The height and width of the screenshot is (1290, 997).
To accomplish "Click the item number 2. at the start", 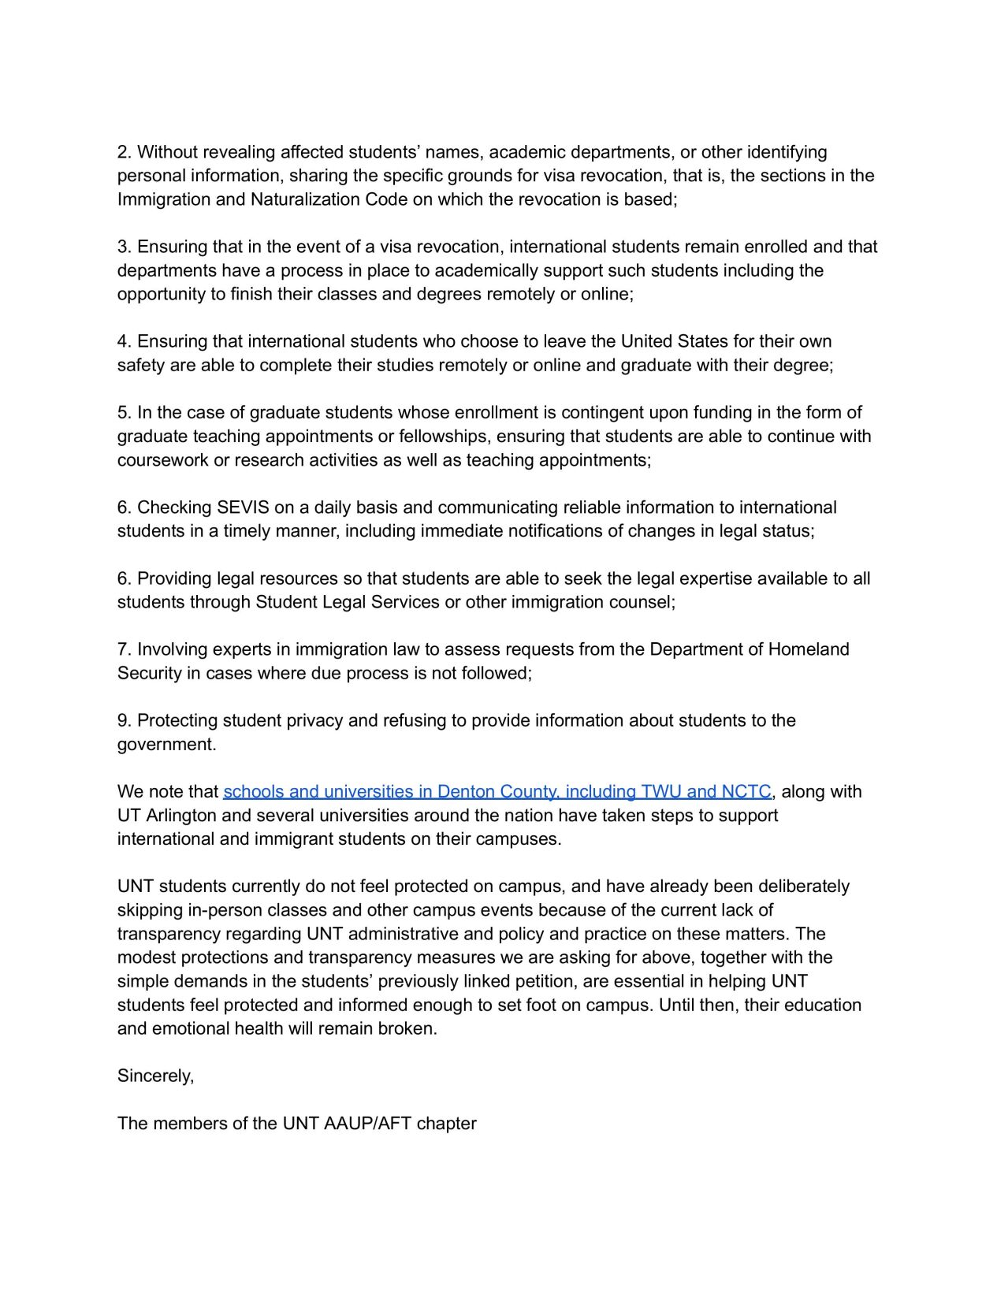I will point(125,152).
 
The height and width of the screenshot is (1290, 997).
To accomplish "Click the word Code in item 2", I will point(386,199).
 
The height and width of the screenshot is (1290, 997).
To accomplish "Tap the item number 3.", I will point(125,247).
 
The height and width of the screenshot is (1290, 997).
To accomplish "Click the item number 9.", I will point(125,720).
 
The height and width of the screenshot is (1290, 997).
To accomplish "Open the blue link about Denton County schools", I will point(497,791).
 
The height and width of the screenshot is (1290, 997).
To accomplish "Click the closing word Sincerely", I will point(155,1076).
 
